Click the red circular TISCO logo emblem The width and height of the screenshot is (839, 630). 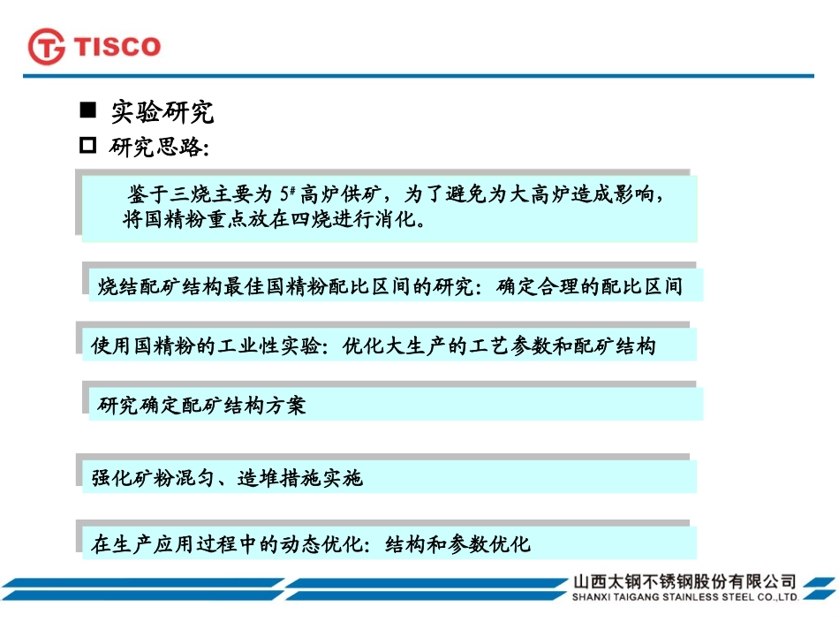click(47, 47)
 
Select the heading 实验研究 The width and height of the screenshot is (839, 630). click(162, 112)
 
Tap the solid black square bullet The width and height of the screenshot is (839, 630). click(87, 111)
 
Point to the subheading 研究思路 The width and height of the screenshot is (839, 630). click(159, 148)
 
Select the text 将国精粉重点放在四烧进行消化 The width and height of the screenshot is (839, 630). click(274, 218)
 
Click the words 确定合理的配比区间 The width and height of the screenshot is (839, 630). click(590, 286)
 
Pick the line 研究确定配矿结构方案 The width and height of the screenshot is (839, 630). click(202, 406)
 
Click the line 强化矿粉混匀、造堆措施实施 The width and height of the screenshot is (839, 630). click(227, 478)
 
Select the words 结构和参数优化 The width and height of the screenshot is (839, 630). click(458, 543)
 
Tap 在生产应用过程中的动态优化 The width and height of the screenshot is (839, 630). click(228, 543)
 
